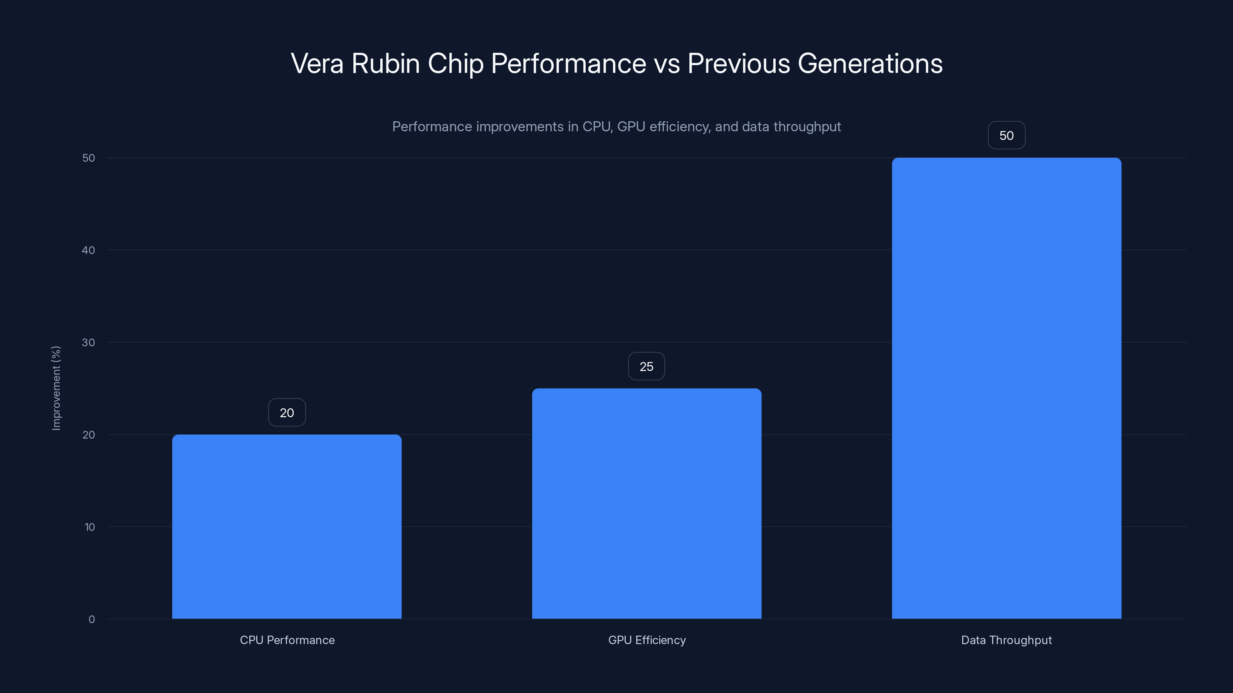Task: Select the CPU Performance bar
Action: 287,526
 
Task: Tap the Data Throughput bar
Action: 1006,388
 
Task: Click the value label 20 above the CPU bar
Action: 287,413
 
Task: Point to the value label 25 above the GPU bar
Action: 646,367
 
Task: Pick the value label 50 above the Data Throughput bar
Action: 1006,136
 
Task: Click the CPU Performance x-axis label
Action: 287,640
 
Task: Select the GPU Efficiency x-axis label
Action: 647,640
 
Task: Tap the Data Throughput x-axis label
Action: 1006,640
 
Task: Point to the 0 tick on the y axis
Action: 91,619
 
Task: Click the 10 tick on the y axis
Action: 89,527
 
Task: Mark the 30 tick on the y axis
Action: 89,342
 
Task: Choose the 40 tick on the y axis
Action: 89,250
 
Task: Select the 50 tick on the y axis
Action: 89,158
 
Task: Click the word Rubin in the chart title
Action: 385,64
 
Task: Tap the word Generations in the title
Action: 870,64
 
